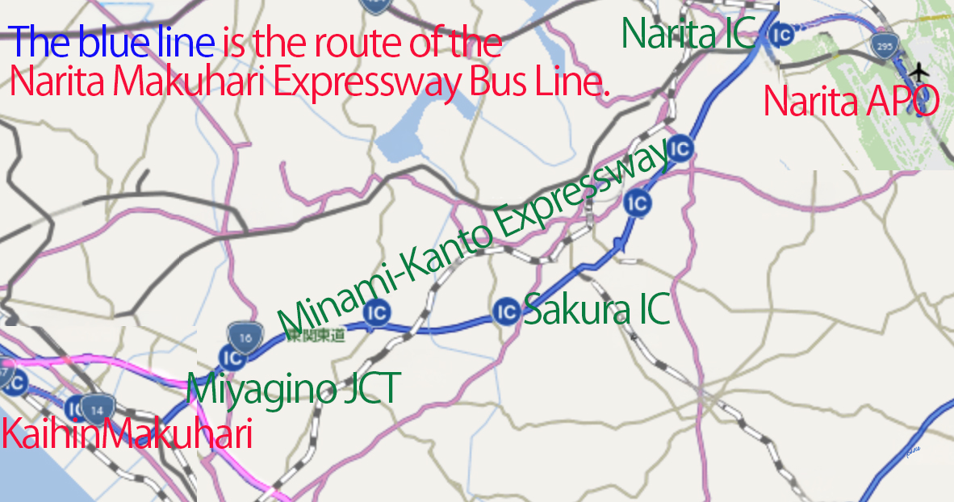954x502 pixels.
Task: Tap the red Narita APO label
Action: (x=851, y=102)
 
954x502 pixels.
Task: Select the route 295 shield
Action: (x=884, y=46)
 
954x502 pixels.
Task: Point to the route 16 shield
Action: (x=244, y=336)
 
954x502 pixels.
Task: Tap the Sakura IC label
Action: (x=596, y=309)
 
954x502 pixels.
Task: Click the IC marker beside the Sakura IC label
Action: (x=506, y=310)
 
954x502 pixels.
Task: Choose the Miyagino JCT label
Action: (x=292, y=390)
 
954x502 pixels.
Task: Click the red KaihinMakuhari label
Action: (x=127, y=434)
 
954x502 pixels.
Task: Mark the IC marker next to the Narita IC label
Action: (x=780, y=35)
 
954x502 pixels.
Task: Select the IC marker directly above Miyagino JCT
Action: (x=232, y=357)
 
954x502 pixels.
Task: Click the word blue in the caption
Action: (x=148, y=42)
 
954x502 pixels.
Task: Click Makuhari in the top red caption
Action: (x=176, y=80)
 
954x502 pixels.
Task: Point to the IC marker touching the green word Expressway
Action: (x=682, y=149)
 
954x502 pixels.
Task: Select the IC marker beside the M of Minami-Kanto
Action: (x=377, y=312)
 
